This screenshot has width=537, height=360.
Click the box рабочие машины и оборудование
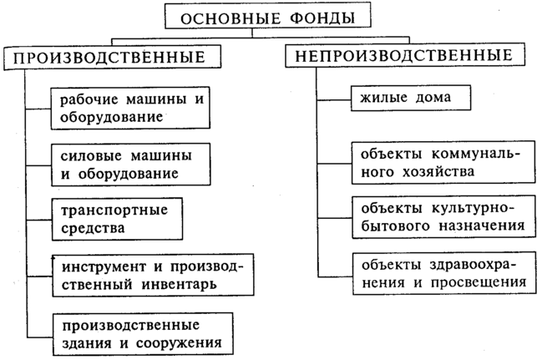coord(132,109)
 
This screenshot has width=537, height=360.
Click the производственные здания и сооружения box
coord(140,332)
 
